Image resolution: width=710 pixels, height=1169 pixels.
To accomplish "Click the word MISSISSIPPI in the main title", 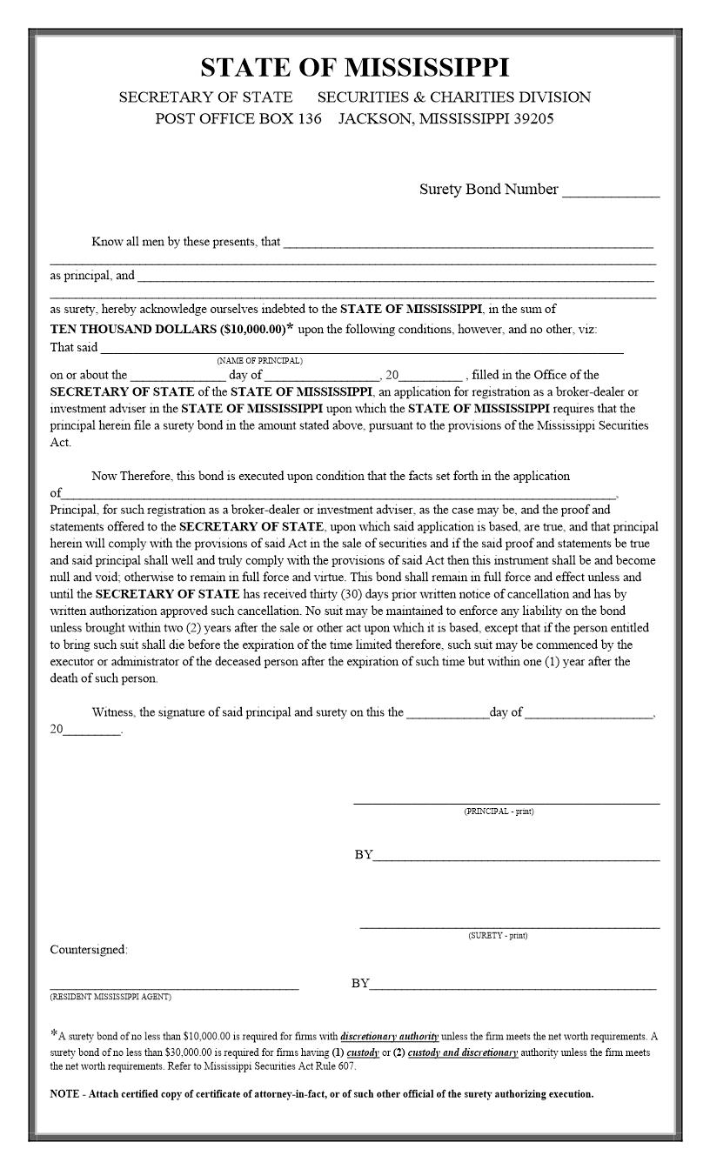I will (426, 68).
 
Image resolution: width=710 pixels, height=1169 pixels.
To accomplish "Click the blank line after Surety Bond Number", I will (611, 195).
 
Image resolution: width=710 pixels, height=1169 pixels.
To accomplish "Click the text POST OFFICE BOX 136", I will (238, 119).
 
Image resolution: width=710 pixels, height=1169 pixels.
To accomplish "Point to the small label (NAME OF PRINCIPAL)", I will (260, 360).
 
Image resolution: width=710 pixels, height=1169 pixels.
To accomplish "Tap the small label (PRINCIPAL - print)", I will (499, 812).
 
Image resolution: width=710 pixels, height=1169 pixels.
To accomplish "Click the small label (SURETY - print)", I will (498, 936).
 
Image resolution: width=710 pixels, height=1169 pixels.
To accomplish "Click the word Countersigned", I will (88, 950).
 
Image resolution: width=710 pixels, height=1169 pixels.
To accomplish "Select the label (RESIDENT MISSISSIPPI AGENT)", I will (111, 997).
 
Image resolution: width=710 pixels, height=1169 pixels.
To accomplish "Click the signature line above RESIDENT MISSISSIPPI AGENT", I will (174, 988).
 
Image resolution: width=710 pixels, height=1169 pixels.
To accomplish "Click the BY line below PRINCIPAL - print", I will (515, 859).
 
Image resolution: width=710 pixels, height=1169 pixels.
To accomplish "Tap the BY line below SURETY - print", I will (512, 988).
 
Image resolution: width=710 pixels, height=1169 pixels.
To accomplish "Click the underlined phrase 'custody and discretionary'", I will (463, 1053).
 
